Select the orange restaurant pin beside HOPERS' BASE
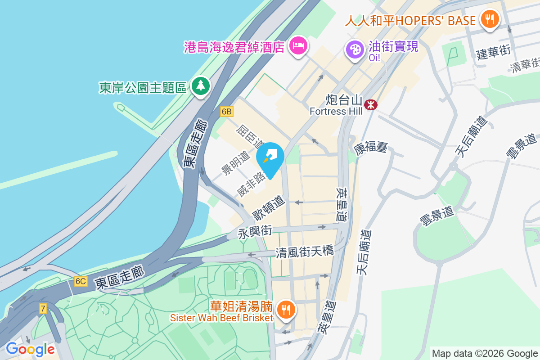pos(489,19)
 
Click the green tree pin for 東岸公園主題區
pos(201,85)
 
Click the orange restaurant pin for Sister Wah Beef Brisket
pos(286,309)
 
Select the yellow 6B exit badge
pos(227,111)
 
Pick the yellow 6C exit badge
pos(81,281)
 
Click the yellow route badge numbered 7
pos(43,309)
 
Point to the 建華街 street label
pos(493,53)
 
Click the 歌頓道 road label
pos(269,207)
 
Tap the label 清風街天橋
pos(305,252)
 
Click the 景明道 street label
pos(235,163)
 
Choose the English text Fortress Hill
pos(336,111)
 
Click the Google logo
pos(30,349)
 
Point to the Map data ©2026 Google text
pos(484,353)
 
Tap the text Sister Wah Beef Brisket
pos(221,318)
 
